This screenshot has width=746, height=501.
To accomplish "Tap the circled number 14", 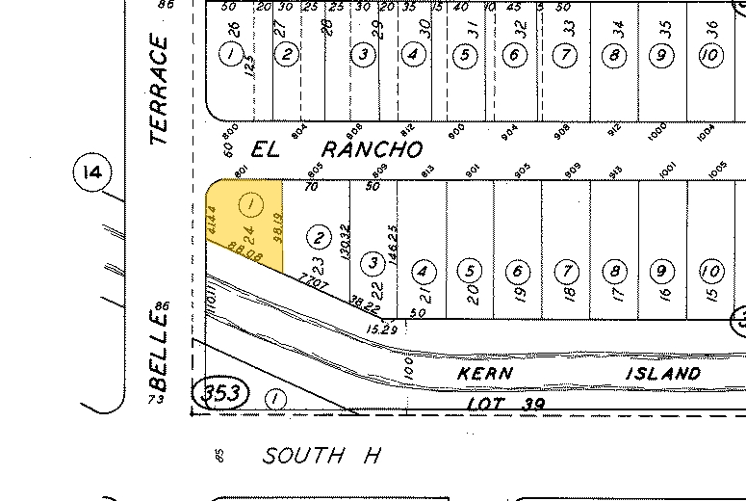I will [92, 173].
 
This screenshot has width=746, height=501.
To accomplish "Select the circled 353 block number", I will [221, 393].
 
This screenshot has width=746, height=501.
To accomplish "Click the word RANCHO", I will [372, 149].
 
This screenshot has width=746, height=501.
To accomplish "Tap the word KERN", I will [485, 372].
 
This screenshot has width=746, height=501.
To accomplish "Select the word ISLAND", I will [662, 373].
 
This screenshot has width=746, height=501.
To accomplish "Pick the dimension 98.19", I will [276, 227].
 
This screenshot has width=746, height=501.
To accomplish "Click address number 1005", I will [716, 170].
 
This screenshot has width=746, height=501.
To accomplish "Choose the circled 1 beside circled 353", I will [276, 397].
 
